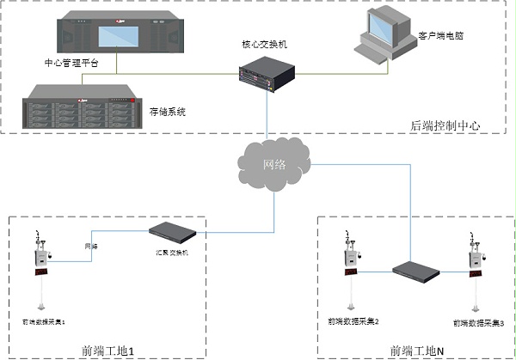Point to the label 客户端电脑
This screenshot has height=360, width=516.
pos(440,37)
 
